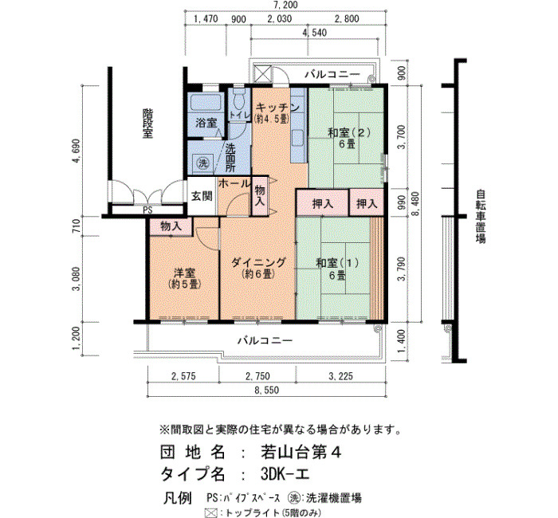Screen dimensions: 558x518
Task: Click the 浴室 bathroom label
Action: (206, 123)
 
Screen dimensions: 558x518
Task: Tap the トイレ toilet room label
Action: (239, 115)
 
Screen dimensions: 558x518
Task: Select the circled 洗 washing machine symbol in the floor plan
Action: (203, 163)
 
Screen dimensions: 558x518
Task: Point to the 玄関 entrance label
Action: (202, 196)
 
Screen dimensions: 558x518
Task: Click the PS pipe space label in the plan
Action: (147, 210)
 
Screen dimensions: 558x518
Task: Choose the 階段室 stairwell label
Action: (147, 124)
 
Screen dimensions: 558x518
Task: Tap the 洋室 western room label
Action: (184, 273)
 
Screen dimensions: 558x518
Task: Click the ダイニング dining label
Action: (259, 262)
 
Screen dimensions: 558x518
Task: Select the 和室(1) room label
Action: (337, 263)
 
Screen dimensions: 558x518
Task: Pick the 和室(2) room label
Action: (349, 133)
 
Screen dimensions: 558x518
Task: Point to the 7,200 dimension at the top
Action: (285, 5)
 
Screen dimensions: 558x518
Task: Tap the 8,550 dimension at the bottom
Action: (267, 390)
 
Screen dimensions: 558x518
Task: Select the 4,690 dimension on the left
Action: (77, 151)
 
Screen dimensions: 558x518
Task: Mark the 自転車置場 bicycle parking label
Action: (481, 216)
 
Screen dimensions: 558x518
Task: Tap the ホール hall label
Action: (234, 184)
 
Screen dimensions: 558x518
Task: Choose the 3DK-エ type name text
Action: (285, 474)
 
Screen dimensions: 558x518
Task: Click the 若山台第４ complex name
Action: (301, 453)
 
